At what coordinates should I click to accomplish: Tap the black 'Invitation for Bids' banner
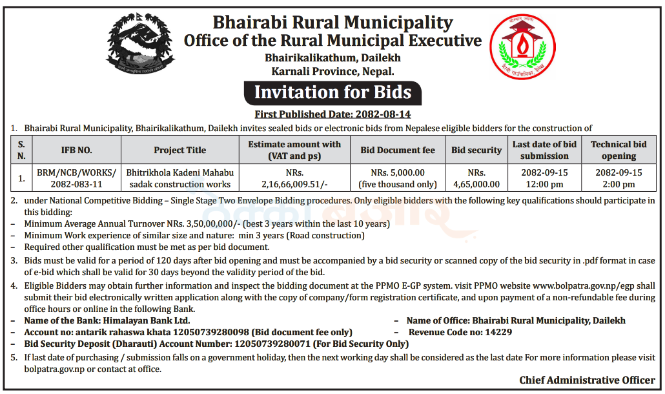click(x=332, y=92)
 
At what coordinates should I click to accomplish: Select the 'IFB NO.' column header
click(x=76, y=150)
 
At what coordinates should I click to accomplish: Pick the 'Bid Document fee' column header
click(x=398, y=150)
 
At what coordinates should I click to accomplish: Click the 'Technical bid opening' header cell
click(x=619, y=150)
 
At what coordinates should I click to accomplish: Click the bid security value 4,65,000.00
click(x=476, y=184)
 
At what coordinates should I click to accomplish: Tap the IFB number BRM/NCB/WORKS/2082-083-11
click(x=77, y=178)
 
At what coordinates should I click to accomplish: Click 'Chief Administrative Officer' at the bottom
click(x=587, y=380)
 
